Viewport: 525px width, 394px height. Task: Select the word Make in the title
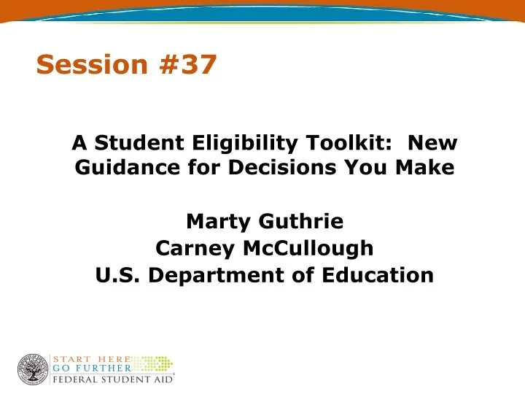pos(426,169)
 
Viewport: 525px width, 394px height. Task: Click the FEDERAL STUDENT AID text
pos(112,380)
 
